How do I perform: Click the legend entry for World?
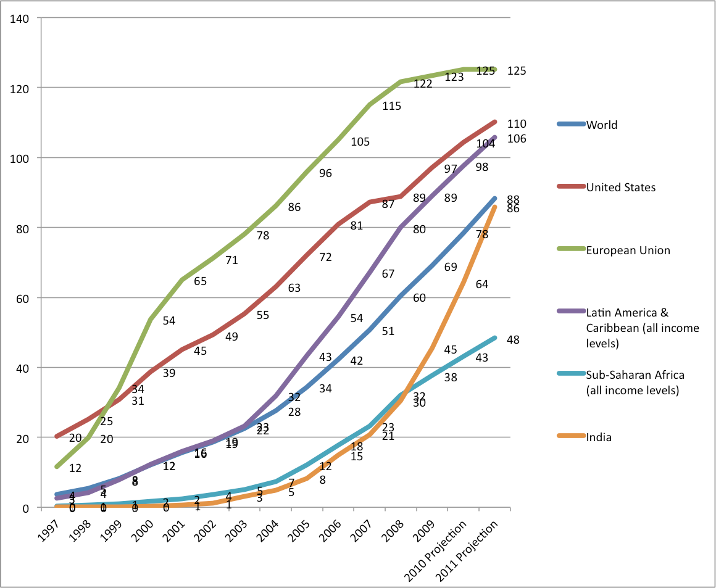pyautogui.click(x=602, y=125)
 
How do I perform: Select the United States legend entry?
pyautogui.click(x=620, y=187)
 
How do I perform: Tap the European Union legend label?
pyautogui.click(x=628, y=250)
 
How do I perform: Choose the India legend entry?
pyautogui.click(x=599, y=437)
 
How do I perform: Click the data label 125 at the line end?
pyautogui.click(x=516, y=71)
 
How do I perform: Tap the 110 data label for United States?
pyautogui.click(x=516, y=124)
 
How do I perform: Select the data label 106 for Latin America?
pyautogui.click(x=516, y=139)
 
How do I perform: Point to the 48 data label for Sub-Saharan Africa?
pyautogui.click(x=514, y=339)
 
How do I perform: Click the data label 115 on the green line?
pyautogui.click(x=391, y=106)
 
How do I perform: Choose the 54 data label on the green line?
pyautogui.click(x=169, y=321)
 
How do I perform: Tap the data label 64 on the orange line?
pyautogui.click(x=482, y=284)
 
